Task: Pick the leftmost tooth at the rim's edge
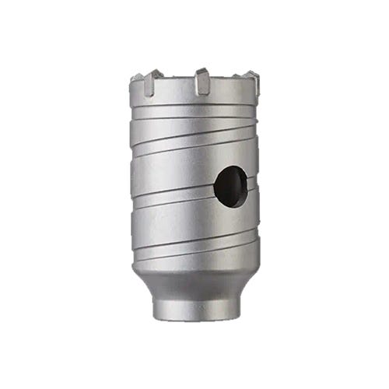(x=137, y=79)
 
